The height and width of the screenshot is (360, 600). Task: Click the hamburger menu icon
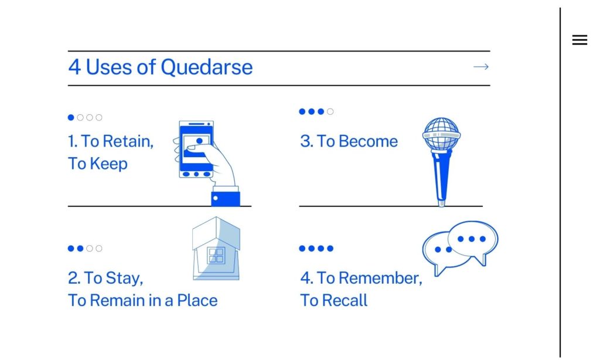579,40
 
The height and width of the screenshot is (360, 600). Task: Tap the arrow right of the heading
481,67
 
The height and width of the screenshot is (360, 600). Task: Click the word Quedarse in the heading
206,67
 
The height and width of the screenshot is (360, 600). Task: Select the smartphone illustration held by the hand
196,149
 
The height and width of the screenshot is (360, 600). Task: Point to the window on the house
217,256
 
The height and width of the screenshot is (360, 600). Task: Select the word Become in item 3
368,141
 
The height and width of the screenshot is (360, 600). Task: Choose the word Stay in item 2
124,277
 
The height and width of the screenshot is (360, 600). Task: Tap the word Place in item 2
197,300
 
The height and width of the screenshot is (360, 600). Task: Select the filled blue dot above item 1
71,117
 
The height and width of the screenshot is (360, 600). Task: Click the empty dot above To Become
330,111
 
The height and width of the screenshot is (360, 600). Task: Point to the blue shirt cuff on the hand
226,197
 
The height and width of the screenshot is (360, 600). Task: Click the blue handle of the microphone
441,176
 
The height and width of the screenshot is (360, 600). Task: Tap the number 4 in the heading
74,67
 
